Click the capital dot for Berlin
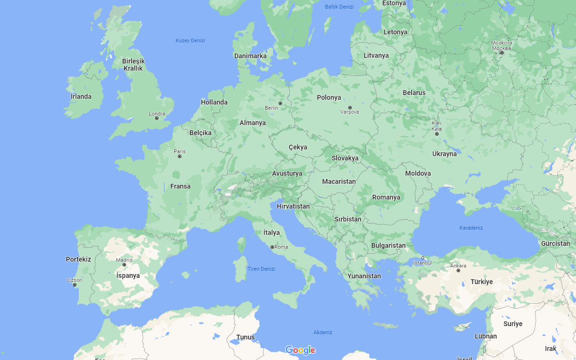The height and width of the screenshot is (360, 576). (x=281, y=103)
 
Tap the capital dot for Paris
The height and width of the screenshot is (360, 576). (x=180, y=157)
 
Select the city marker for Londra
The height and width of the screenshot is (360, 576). (x=157, y=118)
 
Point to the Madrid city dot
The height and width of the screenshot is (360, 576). (x=124, y=265)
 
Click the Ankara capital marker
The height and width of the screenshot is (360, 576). (x=458, y=270)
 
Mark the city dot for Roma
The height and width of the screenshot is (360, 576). (x=272, y=247)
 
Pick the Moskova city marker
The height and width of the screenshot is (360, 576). (x=502, y=53)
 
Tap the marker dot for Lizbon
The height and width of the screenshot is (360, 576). (x=74, y=285)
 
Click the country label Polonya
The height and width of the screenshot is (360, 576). (x=329, y=97)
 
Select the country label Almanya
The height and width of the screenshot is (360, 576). (x=252, y=123)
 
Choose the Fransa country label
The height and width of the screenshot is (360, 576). (x=180, y=186)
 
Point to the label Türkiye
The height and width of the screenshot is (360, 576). (x=482, y=282)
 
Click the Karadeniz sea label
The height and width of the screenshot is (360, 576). (x=471, y=228)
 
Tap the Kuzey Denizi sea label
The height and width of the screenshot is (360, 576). (x=190, y=41)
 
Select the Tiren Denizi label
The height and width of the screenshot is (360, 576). (x=262, y=269)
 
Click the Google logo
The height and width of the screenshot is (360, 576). (x=301, y=350)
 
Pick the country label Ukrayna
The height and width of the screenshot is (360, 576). (x=444, y=154)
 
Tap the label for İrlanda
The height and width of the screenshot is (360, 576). (x=81, y=96)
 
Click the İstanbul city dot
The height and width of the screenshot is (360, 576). (x=422, y=258)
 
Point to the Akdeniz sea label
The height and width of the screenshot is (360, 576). (x=323, y=332)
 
